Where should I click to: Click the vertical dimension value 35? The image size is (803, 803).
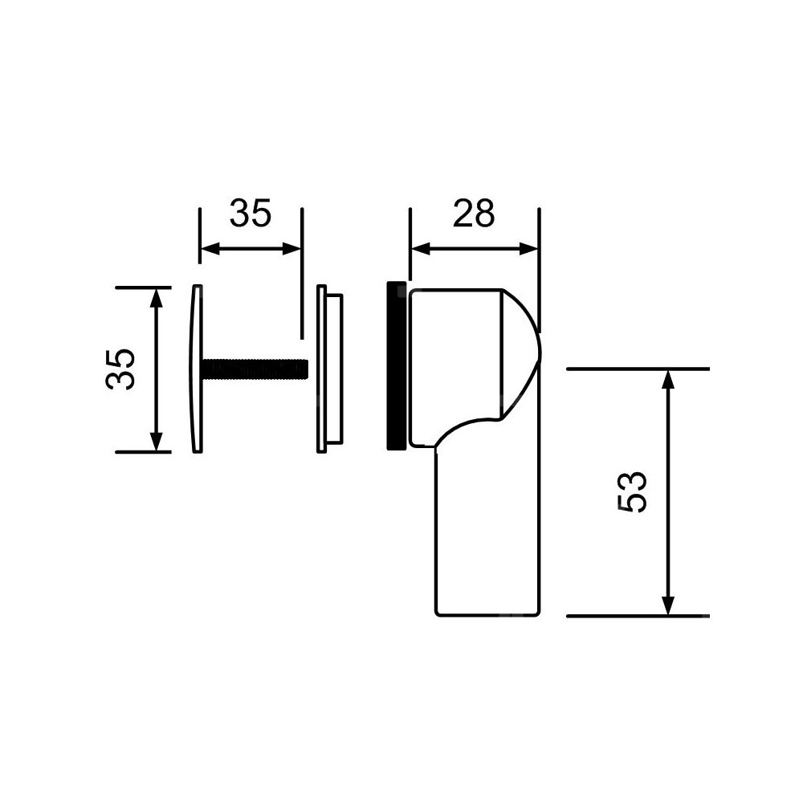pyautogui.click(x=120, y=369)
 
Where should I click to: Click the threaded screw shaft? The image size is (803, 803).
pyautogui.click(x=255, y=369)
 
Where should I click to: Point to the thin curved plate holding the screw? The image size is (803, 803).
pyautogui.click(x=197, y=369)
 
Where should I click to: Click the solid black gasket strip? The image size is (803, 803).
pyautogui.click(x=397, y=365)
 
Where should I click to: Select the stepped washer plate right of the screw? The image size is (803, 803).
pyautogui.click(x=329, y=369)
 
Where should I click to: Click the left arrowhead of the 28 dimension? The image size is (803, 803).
pyautogui.click(x=420, y=250)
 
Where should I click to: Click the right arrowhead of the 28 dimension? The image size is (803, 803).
pyautogui.click(x=528, y=250)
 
